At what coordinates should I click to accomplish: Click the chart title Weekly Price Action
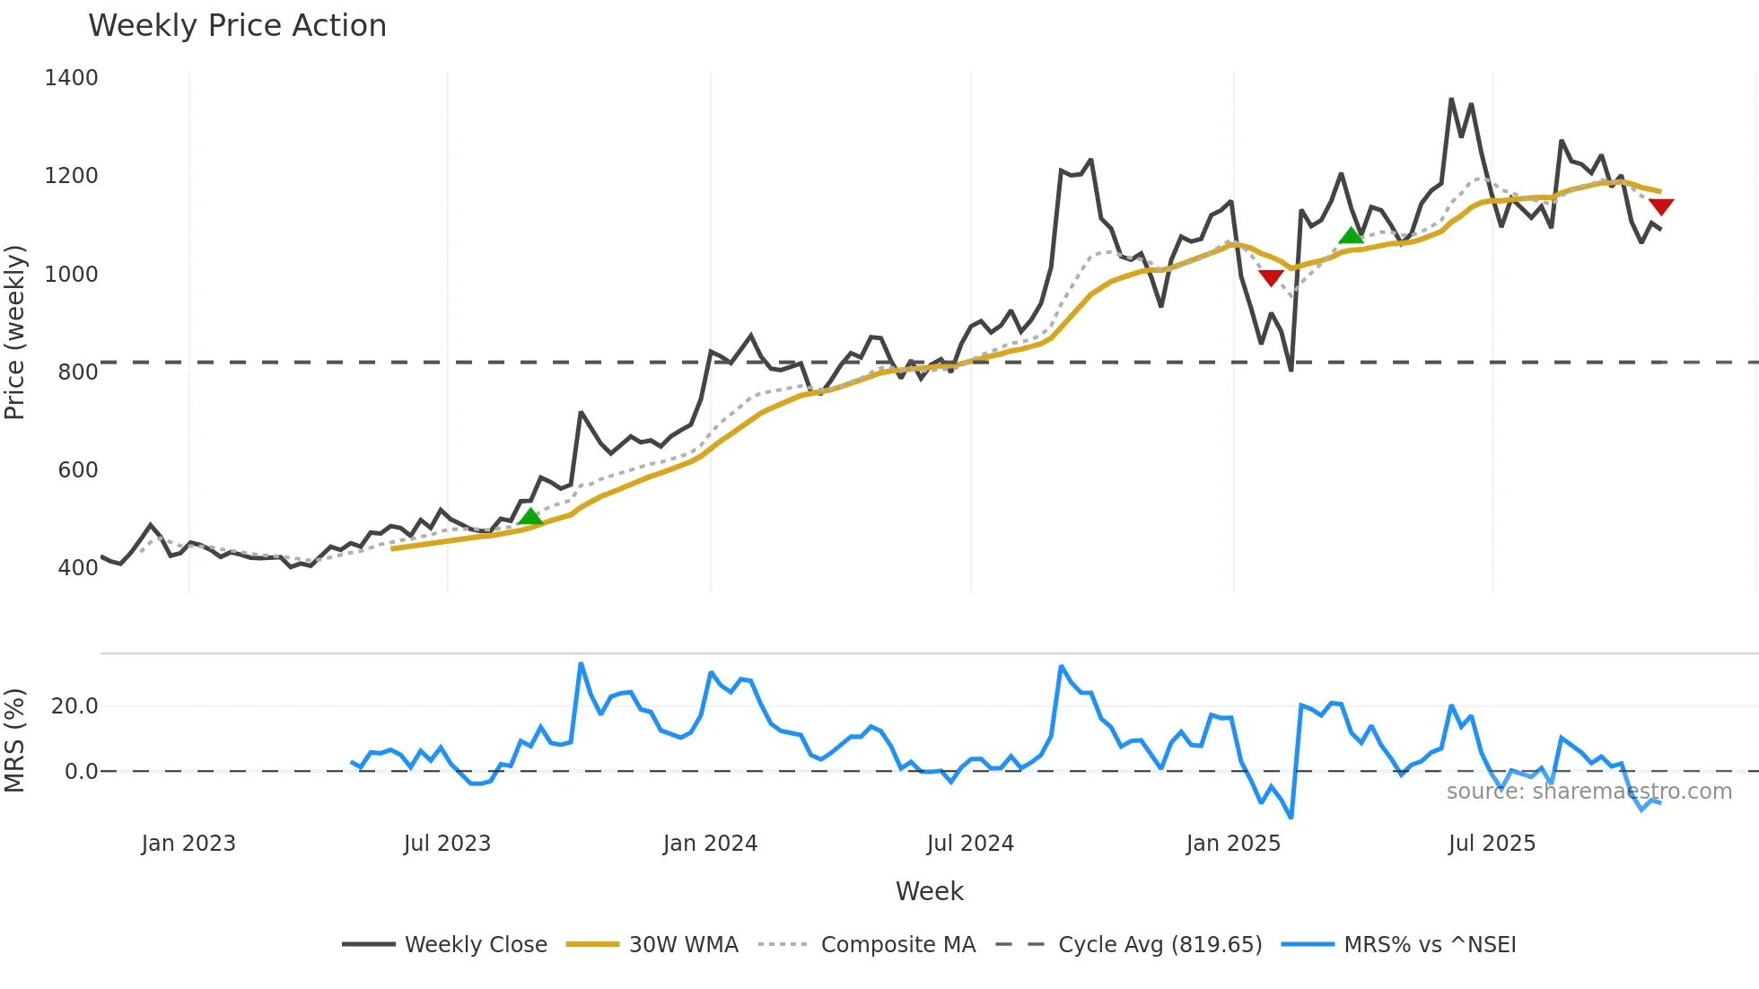(x=237, y=26)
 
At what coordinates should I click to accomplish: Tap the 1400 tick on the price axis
(x=71, y=78)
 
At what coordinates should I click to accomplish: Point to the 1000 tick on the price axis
(x=71, y=275)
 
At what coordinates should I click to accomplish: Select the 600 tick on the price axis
(x=77, y=470)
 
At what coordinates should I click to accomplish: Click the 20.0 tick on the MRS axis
(x=74, y=706)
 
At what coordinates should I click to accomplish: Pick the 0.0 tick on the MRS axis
(x=81, y=772)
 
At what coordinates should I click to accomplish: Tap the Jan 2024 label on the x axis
(x=710, y=844)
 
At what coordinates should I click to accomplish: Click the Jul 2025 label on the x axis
(x=1492, y=844)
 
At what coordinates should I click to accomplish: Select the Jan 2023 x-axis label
(x=188, y=844)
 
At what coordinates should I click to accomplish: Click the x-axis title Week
(x=929, y=891)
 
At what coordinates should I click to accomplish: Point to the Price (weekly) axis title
(x=15, y=332)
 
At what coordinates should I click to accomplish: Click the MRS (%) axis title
(x=15, y=740)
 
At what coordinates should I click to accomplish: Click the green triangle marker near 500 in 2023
(x=530, y=517)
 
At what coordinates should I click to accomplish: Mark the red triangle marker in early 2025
(x=1271, y=278)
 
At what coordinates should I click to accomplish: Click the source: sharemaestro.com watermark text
(x=1588, y=792)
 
